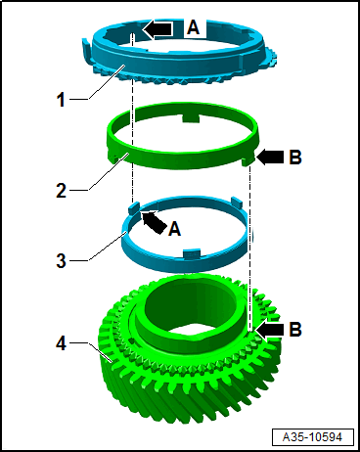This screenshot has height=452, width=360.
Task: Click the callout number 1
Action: pos(61,99)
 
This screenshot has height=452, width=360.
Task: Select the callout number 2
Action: pos(62,190)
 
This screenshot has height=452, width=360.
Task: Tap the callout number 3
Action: pos(62,260)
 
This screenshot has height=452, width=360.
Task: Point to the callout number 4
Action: pos(62,343)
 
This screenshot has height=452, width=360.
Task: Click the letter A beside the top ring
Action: pos(193,26)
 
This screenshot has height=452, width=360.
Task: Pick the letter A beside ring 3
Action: pos(175,229)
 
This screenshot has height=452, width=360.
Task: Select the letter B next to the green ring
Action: pos(295,157)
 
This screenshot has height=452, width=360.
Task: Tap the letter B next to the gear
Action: pos(295,330)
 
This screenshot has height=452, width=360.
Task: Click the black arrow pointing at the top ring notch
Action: pos(157,29)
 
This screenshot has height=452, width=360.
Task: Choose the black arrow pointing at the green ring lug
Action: pos(270,157)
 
